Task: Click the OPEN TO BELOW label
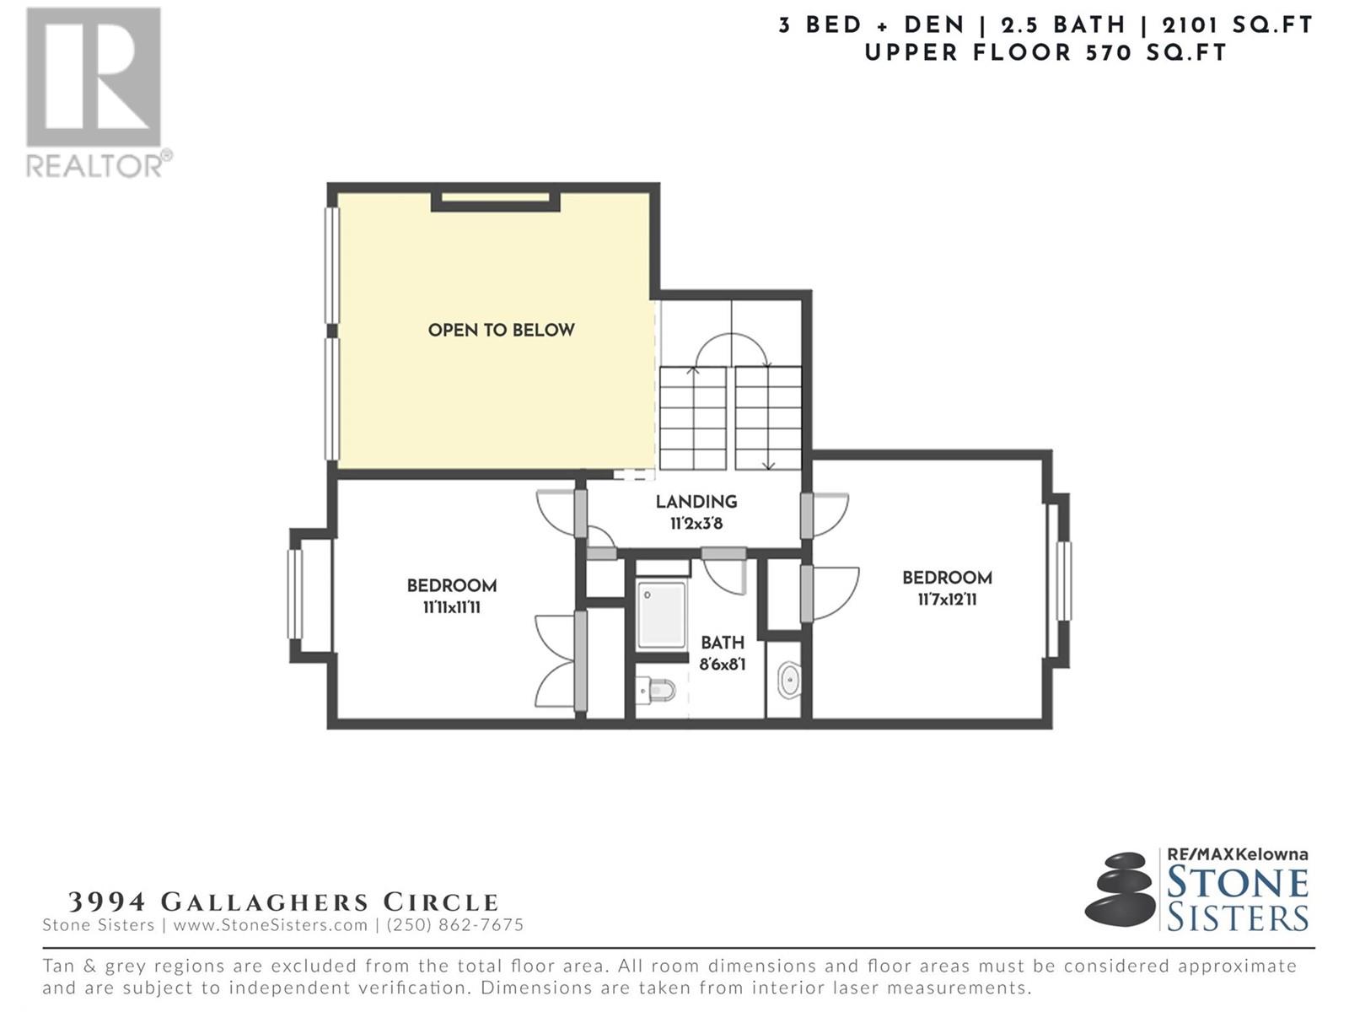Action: pos(501,330)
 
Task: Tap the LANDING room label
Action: pos(696,502)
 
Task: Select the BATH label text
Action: pos(723,643)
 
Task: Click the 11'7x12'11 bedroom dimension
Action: pos(947,599)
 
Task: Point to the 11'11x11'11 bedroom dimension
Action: pos(452,608)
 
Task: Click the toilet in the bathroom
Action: pos(655,691)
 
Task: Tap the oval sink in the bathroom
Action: pos(789,681)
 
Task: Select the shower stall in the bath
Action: pos(661,615)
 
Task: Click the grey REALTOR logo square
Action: pos(94,77)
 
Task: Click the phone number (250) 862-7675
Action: pos(454,925)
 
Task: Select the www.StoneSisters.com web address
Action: pos(271,925)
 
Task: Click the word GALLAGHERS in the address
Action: pos(264,902)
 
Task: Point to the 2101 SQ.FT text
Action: pos(1237,25)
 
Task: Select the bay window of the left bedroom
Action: pos(296,595)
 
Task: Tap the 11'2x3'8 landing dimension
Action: pos(696,524)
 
